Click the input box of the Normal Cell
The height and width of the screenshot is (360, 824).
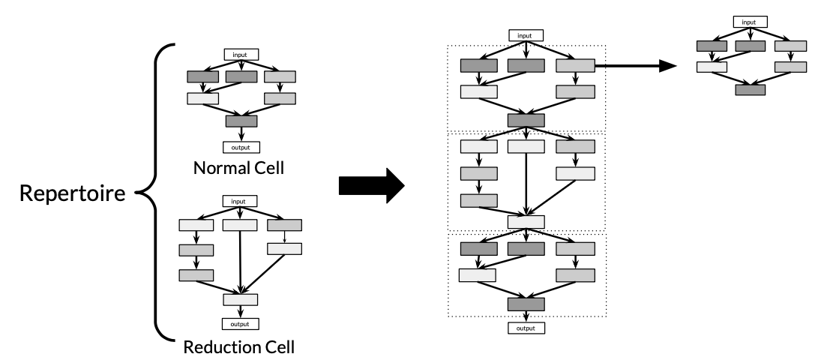click(x=241, y=54)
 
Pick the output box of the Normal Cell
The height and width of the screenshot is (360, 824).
click(x=241, y=148)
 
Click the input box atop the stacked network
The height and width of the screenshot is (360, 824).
click(x=526, y=35)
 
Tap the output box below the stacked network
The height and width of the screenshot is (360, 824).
click(x=526, y=328)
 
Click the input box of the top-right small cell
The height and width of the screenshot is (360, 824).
click(x=750, y=22)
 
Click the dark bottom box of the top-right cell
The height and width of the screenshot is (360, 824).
click(x=750, y=89)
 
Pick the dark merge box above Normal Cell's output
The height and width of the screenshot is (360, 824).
click(x=241, y=121)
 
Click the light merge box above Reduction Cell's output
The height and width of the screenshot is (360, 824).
click(x=241, y=299)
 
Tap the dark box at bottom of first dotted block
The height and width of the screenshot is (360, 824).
click(x=526, y=120)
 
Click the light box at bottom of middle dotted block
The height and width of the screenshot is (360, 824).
click(x=526, y=221)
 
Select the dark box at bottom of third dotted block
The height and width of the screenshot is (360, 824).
click(x=526, y=304)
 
